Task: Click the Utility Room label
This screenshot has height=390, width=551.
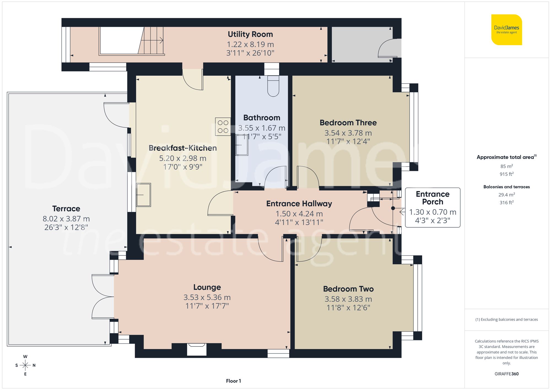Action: (250, 34)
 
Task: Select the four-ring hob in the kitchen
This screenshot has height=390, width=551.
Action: (223, 127)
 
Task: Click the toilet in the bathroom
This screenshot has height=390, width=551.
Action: (273, 86)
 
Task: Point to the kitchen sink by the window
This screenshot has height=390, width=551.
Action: (144, 195)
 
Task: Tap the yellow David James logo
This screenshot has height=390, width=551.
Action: (506, 30)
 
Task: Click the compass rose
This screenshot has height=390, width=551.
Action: (25, 365)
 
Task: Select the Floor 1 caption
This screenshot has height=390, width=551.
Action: (233, 381)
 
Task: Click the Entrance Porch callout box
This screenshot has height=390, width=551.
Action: (433, 207)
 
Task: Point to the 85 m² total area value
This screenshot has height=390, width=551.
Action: (506, 166)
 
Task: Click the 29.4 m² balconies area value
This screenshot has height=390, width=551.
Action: (506, 195)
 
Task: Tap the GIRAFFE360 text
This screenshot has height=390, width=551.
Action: (506, 374)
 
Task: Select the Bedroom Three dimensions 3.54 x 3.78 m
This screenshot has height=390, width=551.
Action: (348, 133)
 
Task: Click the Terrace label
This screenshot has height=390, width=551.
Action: (66, 208)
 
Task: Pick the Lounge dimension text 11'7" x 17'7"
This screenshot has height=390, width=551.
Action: (207, 306)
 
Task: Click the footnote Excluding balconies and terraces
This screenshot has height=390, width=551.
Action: (506, 319)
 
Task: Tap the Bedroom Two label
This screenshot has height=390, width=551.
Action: (348, 289)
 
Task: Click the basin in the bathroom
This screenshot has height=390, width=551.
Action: (242, 145)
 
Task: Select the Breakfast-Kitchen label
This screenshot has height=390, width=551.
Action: (183, 148)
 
